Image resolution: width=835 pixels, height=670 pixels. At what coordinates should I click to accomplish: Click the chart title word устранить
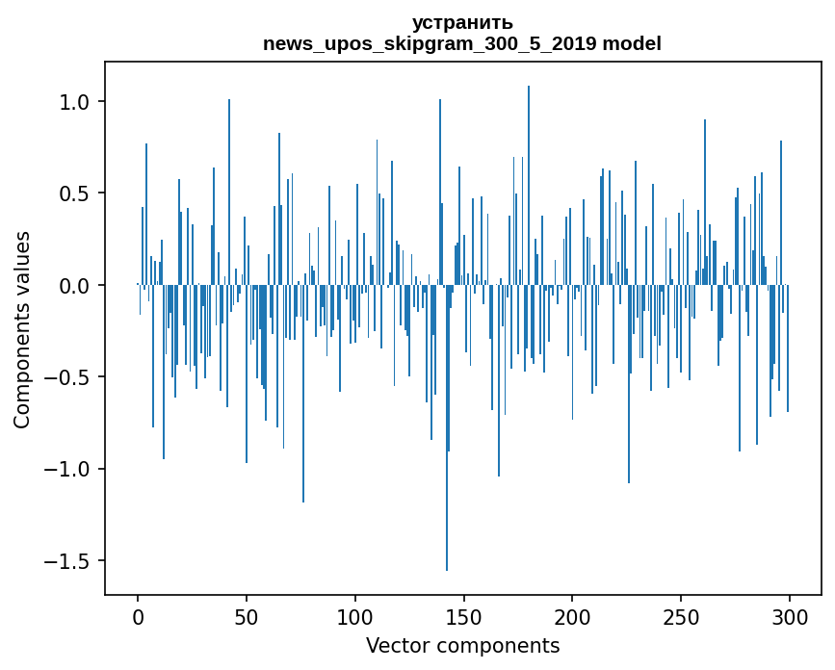462,22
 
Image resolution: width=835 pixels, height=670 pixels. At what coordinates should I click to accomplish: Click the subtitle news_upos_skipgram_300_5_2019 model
462,43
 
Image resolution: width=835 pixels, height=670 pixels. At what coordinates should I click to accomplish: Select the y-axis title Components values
22,329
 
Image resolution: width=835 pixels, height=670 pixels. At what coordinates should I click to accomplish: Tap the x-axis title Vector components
462,645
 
